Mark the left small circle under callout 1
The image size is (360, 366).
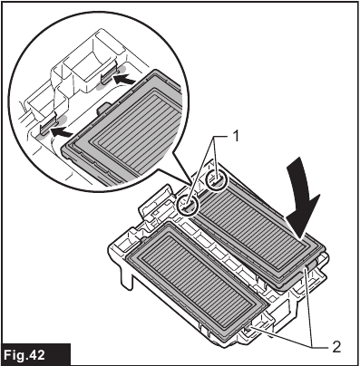click(x=190, y=204)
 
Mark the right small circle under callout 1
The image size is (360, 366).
click(x=217, y=181)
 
